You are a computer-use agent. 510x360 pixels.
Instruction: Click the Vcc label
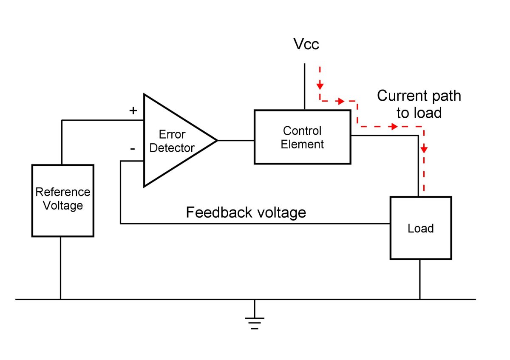(x=306, y=44)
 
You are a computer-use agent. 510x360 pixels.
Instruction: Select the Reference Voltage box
(x=63, y=200)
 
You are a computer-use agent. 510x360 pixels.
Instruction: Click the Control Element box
(x=302, y=137)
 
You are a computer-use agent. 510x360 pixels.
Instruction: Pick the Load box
(x=420, y=228)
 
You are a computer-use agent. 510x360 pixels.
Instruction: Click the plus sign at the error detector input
(x=133, y=111)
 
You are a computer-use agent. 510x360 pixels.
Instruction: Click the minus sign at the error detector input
(x=133, y=149)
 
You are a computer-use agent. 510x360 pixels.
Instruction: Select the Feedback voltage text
(x=246, y=212)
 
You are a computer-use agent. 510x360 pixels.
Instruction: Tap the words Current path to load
(x=419, y=104)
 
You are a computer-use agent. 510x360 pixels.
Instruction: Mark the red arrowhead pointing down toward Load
(x=424, y=150)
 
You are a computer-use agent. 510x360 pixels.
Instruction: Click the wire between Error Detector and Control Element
(x=236, y=140)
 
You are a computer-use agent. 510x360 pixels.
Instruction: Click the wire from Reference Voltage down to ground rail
(x=60, y=268)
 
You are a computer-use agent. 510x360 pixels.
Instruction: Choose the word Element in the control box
(x=302, y=145)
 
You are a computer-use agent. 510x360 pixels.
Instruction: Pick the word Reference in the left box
(x=63, y=192)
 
